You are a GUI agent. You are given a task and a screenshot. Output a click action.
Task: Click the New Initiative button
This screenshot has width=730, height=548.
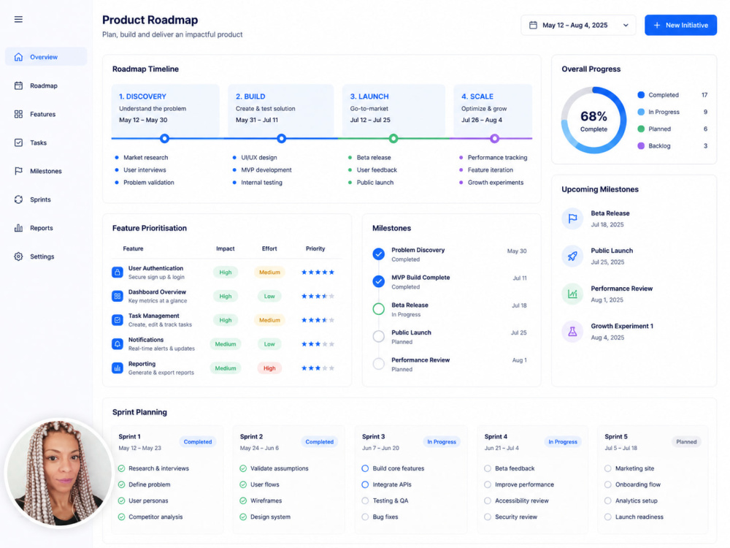click(x=680, y=25)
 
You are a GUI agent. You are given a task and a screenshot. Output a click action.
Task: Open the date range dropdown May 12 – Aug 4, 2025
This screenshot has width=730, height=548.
click(x=578, y=25)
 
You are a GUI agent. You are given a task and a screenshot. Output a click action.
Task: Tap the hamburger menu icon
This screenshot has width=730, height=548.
click(x=18, y=19)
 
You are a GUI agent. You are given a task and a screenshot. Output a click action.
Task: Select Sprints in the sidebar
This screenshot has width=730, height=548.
click(x=40, y=199)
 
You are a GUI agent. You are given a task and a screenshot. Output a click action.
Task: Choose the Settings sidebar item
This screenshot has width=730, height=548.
click(x=42, y=256)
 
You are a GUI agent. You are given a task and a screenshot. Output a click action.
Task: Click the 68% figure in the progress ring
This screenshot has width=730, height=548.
click(x=593, y=116)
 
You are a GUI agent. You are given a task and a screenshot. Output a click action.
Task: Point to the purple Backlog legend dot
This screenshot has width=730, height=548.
click(x=641, y=146)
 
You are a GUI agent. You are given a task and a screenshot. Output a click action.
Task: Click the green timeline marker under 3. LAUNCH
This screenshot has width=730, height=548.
click(x=393, y=138)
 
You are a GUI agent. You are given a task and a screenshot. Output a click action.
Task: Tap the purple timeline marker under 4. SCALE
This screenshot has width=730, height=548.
click(x=494, y=138)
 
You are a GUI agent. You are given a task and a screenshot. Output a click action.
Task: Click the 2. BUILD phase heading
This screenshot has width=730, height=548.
click(x=250, y=96)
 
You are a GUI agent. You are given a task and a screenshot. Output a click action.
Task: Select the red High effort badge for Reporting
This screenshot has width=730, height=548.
click(x=269, y=368)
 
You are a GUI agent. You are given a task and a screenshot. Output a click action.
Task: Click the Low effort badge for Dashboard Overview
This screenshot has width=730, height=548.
click(x=269, y=297)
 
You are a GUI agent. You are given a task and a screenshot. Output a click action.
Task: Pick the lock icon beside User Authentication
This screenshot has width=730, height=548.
click(x=118, y=272)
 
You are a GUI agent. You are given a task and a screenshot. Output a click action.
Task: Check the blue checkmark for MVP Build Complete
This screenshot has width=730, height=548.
click(x=378, y=281)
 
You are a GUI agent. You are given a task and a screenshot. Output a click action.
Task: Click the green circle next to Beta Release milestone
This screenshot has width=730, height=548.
click(x=378, y=308)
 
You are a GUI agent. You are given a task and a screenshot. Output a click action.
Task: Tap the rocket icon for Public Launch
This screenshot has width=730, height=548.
click(x=572, y=256)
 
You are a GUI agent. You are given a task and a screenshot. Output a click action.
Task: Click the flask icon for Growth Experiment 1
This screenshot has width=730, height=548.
click(x=572, y=331)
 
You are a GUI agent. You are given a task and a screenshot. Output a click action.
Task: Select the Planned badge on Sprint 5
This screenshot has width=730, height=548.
click(x=686, y=442)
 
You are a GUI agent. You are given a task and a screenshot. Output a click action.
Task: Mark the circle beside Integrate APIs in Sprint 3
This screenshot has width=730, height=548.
click(x=365, y=484)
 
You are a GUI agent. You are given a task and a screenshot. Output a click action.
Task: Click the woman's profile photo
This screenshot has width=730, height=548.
click(x=59, y=473)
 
